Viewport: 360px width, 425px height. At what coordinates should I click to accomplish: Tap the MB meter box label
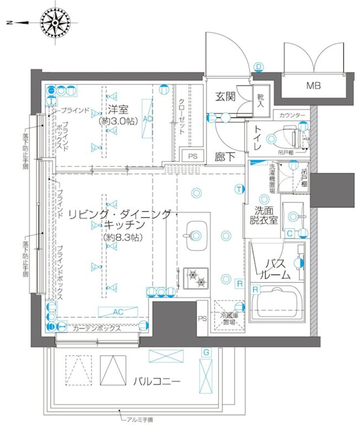(x=313, y=86)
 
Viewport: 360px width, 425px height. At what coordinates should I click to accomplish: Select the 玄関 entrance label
(x=225, y=97)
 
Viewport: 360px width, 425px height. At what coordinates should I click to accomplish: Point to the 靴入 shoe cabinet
(x=260, y=100)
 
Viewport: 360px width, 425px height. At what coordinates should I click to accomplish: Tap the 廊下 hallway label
(x=225, y=157)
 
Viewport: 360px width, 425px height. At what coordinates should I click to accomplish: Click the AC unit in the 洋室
(x=148, y=118)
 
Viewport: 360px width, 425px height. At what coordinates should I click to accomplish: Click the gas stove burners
(x=196, y=278)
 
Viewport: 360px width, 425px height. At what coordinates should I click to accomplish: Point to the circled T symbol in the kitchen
(x=239, y=189)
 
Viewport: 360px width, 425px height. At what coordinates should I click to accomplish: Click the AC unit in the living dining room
(x=118, y=312)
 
